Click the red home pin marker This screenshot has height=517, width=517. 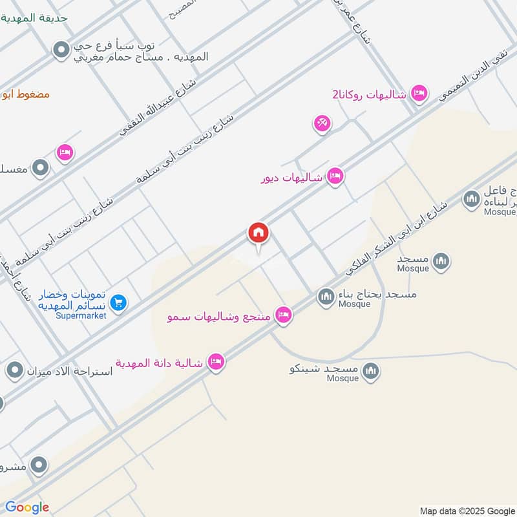click(x=258, y=233)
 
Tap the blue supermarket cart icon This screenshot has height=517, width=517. click(x=118, y=301)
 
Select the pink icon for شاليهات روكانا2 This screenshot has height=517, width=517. click(x=419, y=94)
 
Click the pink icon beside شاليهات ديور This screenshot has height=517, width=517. click(x=335, y=176)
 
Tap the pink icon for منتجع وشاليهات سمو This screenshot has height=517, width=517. click(x=282, y=315)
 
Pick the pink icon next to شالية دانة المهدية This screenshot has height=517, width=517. click(x=216, y=362)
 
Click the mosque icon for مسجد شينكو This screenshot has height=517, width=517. click(x=370, y=370)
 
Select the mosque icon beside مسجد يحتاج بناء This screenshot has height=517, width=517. click(x=326, y=297)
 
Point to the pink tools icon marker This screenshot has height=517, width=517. click(x=322, y=123)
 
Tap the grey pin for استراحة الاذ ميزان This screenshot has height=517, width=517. click(x=15, y=371)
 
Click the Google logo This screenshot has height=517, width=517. click(x=27, y=507)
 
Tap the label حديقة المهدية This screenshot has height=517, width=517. click(x=44, y=17)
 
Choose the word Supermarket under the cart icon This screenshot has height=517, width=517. click(x=81, y=315)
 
